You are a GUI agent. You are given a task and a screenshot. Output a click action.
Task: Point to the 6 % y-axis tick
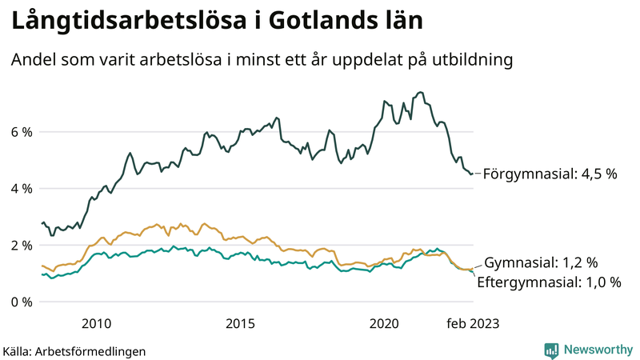[20, 132]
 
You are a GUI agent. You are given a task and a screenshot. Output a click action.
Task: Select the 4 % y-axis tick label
[20, 189]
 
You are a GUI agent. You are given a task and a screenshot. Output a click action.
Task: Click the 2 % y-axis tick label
[20, 246]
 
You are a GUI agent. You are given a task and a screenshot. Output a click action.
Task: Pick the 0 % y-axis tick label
[20, 302]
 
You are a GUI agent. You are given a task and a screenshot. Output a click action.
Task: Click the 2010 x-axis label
[96, 323]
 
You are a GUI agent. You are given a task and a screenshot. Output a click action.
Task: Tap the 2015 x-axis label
[240, 323]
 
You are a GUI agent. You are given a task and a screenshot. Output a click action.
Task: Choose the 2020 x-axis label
[384, 323]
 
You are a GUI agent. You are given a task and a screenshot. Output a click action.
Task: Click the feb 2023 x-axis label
[473, 323]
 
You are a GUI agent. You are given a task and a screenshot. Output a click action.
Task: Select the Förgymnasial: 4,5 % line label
[550, 174]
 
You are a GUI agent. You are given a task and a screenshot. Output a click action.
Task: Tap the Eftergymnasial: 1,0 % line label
[549, 282]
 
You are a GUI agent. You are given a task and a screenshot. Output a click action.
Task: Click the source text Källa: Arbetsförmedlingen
[74, 350]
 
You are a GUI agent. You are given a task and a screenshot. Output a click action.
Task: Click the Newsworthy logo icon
[551, 350]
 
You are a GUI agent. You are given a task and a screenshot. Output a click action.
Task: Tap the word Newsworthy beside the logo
[597, 350]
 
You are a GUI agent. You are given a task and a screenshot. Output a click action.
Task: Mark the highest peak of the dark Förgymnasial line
[421, 92]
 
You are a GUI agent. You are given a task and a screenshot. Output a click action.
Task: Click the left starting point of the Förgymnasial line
[42, 223]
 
